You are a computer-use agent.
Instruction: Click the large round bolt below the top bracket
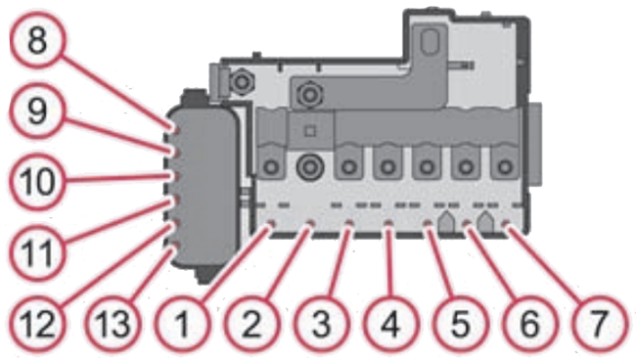coord(310,94)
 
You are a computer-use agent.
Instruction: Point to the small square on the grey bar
coord(309,130)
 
